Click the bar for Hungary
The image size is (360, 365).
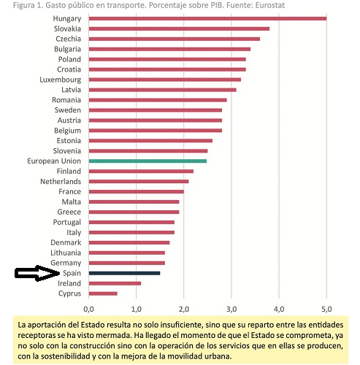(207, 18)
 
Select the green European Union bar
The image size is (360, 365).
(148, 160)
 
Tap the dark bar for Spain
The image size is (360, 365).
(124, 272)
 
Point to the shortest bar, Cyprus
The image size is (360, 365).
(103, 293)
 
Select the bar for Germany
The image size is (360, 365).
(126, 262)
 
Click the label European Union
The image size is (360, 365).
(53, 161)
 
